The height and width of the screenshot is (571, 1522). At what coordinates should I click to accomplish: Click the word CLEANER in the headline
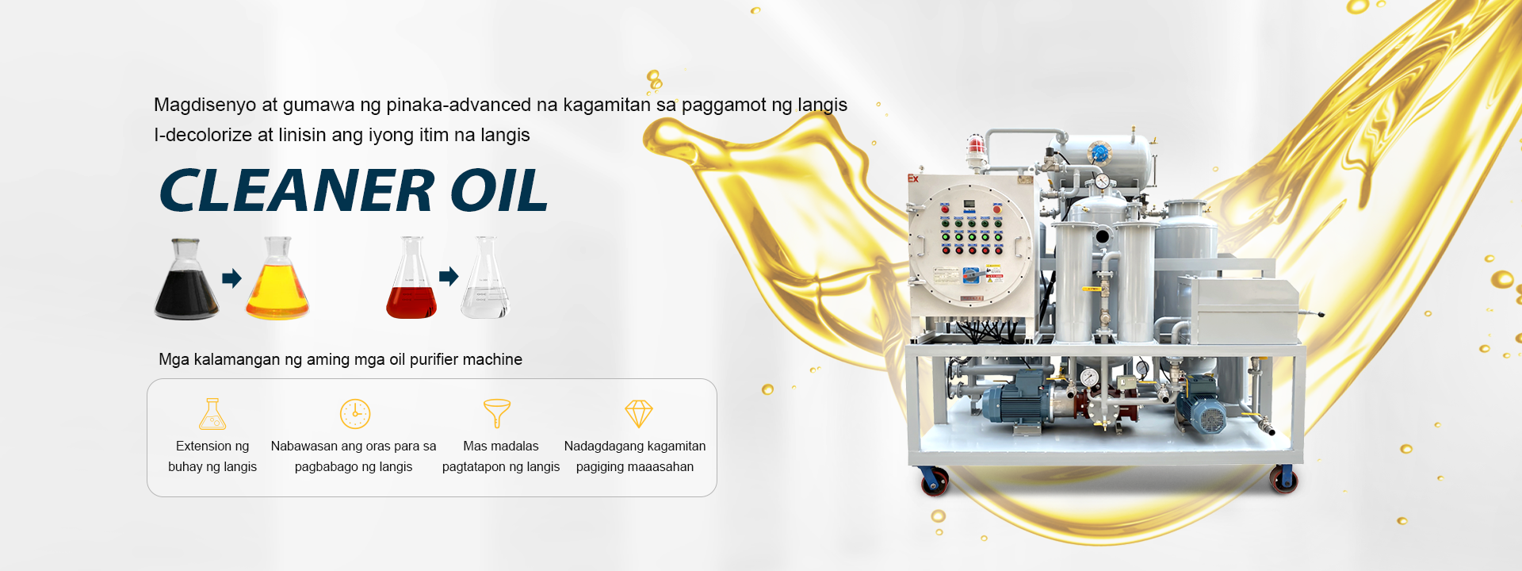(x=296, y=190)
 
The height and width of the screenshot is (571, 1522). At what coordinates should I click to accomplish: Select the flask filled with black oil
(x=186, y=278)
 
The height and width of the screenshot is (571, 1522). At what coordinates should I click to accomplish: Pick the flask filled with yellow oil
(x=277, y=278)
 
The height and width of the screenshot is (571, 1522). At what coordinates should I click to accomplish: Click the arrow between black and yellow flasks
(x=231, y=278)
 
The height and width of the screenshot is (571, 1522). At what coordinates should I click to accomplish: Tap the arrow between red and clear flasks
(x=449, y=276)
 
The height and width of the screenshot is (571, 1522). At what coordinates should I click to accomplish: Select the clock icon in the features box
(x=355, y=414)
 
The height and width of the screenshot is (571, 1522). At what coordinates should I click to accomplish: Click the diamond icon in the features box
(x=639, y=413)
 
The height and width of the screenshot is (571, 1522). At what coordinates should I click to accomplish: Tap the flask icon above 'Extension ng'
(x=212, y=413)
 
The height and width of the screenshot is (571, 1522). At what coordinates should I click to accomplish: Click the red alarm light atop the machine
(x=975, y=148)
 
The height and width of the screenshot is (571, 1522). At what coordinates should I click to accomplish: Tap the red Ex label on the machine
(x=913, y=178)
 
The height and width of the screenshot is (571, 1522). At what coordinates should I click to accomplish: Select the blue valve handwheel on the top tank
(x=1099, y=151)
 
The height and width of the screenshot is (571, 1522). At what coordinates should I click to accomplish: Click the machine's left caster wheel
(x=935, y=481)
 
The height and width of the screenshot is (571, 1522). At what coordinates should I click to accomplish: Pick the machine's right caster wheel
(x=1283, y=479)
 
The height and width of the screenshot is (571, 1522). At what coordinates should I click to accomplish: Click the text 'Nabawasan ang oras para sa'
(x=354, y=446)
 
